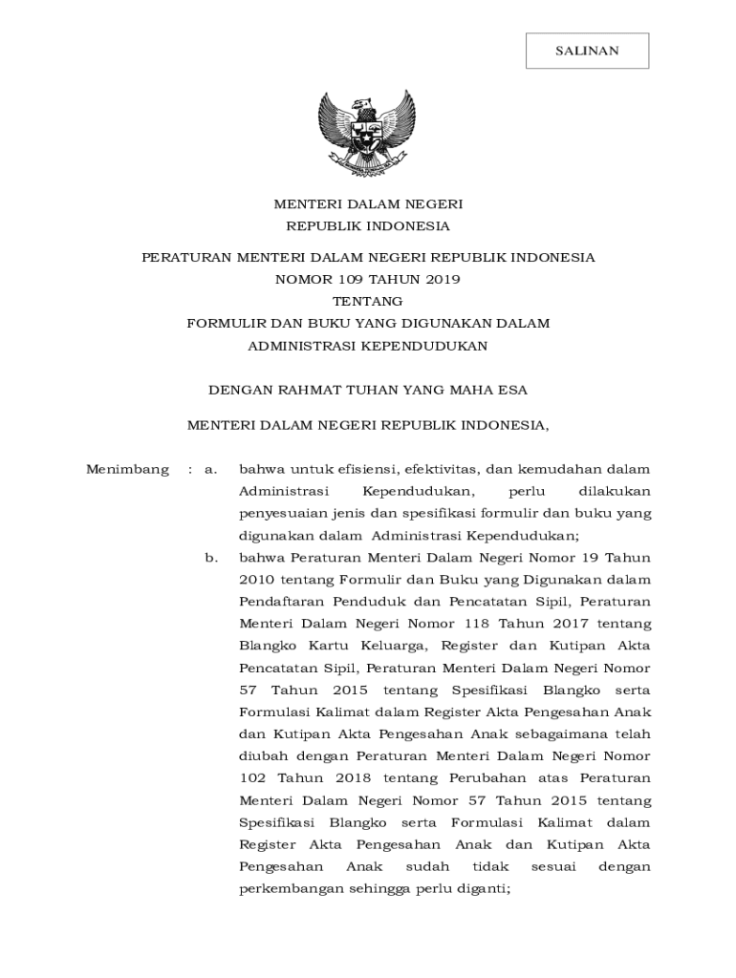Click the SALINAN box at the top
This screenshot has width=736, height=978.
587,51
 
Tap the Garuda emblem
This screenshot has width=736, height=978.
368,136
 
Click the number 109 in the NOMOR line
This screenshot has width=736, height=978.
350,279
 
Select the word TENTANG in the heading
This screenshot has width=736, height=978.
368,301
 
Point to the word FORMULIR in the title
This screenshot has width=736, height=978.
219,323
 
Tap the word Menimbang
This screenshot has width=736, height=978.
127,469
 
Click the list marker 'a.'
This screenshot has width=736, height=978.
211,469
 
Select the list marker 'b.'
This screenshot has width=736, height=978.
211,558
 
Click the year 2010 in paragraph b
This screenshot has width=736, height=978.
255,580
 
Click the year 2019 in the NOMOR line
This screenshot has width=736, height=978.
442,279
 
